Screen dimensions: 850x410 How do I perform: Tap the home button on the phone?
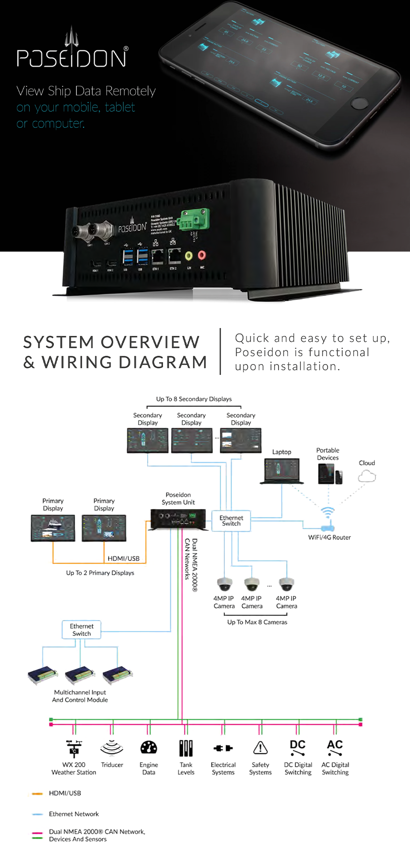(358, 103)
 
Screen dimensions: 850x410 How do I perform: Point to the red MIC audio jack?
(202, 256)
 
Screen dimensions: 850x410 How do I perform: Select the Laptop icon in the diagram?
(282, 471)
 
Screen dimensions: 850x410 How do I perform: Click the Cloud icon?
(367, 476)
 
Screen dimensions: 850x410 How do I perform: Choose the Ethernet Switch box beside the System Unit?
(231, 521)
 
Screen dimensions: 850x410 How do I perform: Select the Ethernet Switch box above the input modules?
(82, 630)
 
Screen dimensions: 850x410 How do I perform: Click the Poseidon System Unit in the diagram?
(178, 519)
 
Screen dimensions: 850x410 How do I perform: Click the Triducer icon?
(112, 748)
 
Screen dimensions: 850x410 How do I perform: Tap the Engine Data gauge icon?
(149, 747)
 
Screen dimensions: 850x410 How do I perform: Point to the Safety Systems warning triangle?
(260, 748)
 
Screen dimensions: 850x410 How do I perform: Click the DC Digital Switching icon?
(298, 747)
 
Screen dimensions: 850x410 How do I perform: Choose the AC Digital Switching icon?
(335, 747)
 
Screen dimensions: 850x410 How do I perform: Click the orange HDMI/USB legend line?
(38, 794)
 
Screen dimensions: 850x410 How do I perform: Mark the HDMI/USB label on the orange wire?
(123, 558)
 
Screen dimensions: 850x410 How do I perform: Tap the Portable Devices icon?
(330, 474)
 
